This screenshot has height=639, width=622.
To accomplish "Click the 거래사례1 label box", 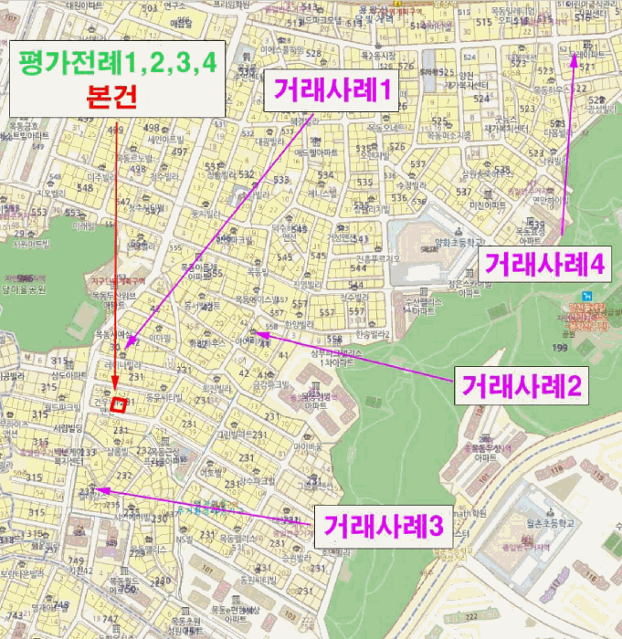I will [330, 90].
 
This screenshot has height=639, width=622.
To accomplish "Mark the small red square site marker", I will [117, 404].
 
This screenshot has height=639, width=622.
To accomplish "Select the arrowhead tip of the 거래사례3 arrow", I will [99, 490].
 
